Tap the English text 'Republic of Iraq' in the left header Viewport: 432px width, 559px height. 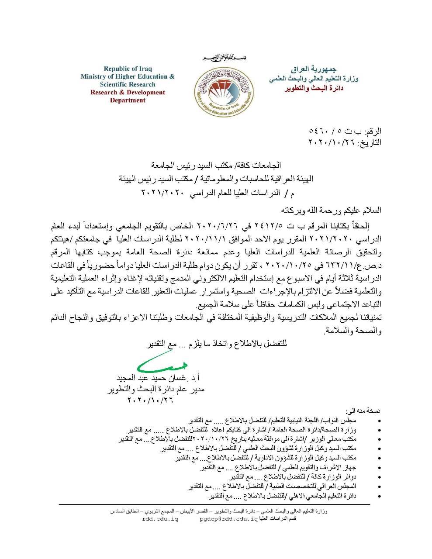tap(128, 69)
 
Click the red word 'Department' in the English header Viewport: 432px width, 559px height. tap(128, 100)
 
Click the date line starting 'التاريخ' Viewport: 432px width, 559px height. tap(345, 142)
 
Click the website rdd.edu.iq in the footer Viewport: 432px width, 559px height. tap(160, 519)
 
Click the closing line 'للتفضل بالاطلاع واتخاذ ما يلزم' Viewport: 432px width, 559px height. tap(216, 344)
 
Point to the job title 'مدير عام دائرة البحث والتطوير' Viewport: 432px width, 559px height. tap(156, 389)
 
